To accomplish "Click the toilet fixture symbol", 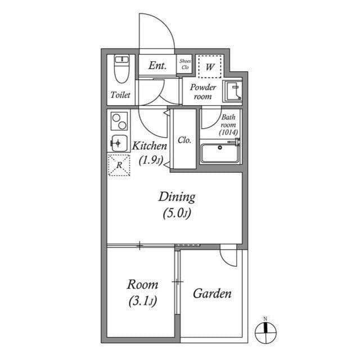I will pyautogui.click(x=121, y=69).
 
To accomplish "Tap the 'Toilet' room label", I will pyautogui.click(x=120, y=95).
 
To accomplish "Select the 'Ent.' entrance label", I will pyautogui.click(x=157, y=65).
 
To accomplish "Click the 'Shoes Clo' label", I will pyautogui.click(x=184, y=64).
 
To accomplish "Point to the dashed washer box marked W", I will pyautogui.click(x=210, y=67).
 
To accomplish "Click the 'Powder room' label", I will pyautogui.click(x=202, y=92).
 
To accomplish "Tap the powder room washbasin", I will pyautogui.click(x=232, y=91).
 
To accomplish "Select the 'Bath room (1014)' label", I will pyautogui.click(x=229, y=124).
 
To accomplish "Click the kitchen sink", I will pyautogui.click(x=119, y=143).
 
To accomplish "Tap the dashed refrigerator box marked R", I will pyautogui.click(x=119, y=164).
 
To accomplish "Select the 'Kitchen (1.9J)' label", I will pyautogui.click(x=150, y=152).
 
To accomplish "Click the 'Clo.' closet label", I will pyautogui.click(x=184, y=140).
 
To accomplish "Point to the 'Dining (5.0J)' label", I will pyautogui.click(x=177, y=204).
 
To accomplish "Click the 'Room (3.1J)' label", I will pyautogui.click(x=142, y=292).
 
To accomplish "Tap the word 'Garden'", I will pyautogui.click(x=212, y=294).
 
